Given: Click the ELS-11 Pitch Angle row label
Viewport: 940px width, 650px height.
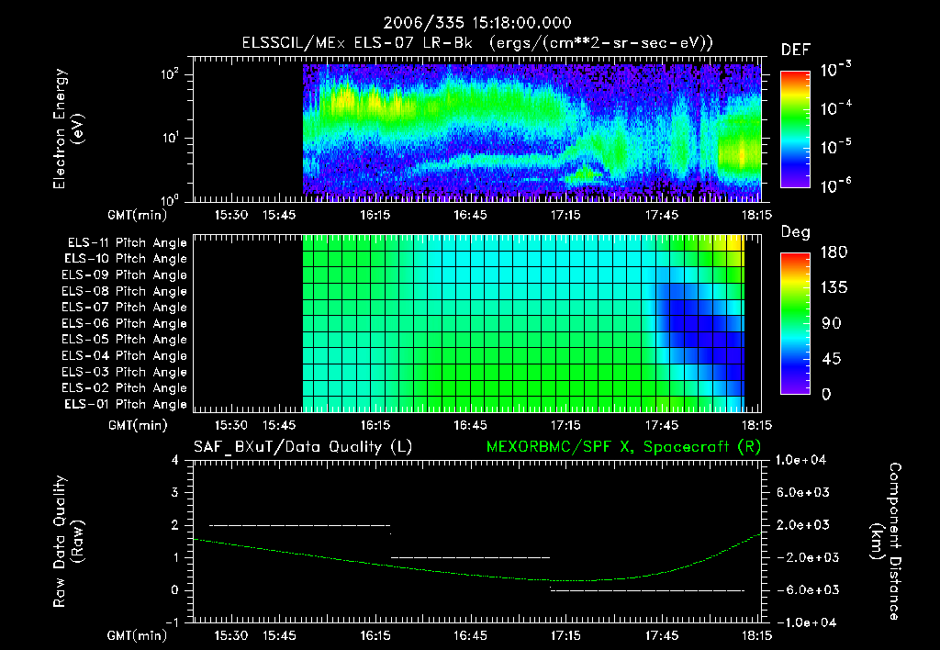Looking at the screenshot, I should click(x=127, y=242).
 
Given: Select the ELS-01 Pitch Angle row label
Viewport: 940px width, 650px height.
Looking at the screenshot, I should click(x=125, y=404).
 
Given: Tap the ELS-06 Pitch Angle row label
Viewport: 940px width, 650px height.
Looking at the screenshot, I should click(x=125, y=323).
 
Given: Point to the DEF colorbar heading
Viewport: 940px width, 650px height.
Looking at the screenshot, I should click(x=794, y=50).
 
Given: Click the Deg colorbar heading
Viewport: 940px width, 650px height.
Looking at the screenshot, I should click(x=794, y=232).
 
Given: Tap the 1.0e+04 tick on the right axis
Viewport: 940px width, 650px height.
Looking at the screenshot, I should click(x=802, y=459).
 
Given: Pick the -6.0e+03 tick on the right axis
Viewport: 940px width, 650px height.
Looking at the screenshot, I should click(x=802, y=589).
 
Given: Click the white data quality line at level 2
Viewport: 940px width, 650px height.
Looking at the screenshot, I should click(x=300, y=525).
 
